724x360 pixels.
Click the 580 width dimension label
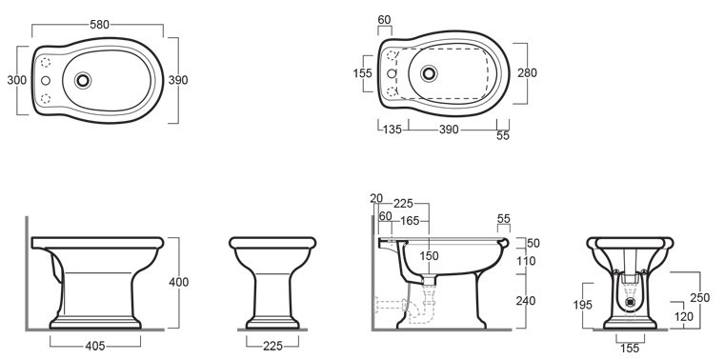tap(99, 25)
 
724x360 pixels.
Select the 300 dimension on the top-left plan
tap(16, 80)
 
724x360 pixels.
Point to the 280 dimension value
tap(528, 73)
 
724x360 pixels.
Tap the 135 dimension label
tap(392, 130)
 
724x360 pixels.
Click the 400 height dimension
tap(179, 282)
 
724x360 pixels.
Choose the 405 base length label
tap(95, 346)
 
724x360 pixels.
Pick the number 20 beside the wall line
tap(376, 198)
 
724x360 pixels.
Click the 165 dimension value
tap(410, 222)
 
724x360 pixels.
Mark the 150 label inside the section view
tap(430, 256)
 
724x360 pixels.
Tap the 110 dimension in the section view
tap(526, 261)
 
